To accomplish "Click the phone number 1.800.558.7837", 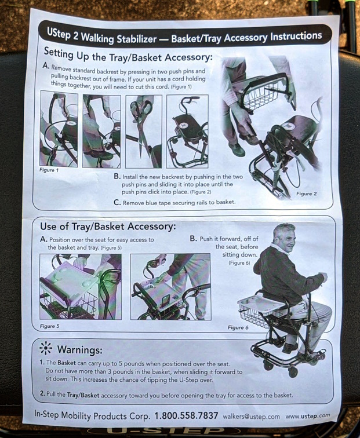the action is coord(186,415).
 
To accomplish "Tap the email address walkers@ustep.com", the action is coord(251,417).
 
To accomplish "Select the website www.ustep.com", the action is coord(308,416).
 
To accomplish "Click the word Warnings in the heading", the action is coord(79,349).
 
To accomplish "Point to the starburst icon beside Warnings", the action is coord(46,348).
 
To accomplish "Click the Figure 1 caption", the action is coord(49,170).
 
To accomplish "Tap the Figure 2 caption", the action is coord(306,194).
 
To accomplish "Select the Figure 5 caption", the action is coord(50,326).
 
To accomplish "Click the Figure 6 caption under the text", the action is coord(238,327).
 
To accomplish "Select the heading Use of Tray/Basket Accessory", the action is coord(108,227).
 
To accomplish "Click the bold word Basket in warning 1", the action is coord(67,363).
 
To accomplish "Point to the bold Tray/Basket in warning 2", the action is coord(83,395).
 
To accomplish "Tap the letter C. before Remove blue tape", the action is coord(117,202).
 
